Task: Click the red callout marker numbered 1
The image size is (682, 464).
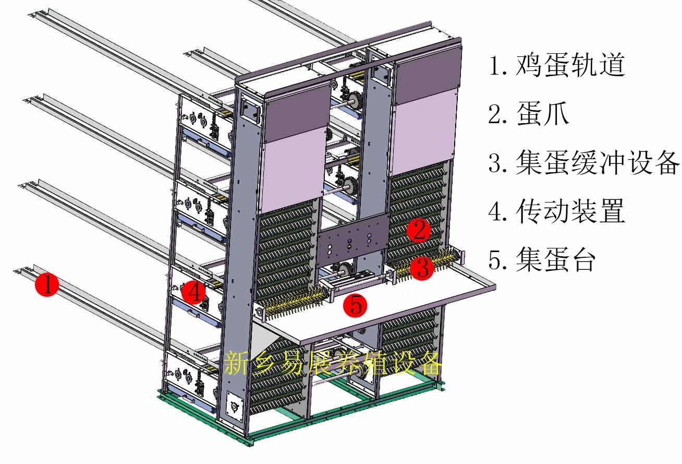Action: tap(47, 285)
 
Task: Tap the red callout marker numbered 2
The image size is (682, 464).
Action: tap(419, 230)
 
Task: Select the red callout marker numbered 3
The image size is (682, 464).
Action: tap(422, 268)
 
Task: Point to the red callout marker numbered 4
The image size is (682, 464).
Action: tap(194, 292)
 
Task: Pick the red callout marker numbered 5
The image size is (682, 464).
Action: tap(356, 305)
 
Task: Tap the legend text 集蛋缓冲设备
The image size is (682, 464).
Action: tap(598, 162)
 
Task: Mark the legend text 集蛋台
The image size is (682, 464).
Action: tap(556, 259)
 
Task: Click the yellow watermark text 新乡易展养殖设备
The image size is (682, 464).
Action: tap(334, 363)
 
